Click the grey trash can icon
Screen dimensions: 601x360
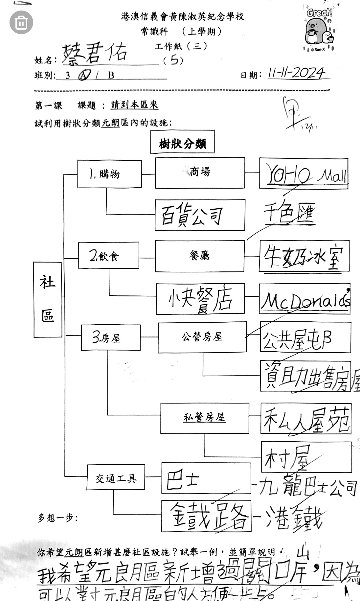click(x=21, y=22)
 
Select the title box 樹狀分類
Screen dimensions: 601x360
click(x=182, y=142)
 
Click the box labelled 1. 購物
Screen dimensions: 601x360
click(x=109, y=174)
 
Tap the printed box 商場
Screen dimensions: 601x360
click(x=200, y=173)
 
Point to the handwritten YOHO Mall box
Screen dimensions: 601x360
click(x=304, y=173)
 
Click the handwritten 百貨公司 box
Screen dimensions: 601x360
click(x=200, y=215)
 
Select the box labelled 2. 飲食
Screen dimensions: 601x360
click(x=108, y=255)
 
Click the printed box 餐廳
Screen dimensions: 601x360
click(x=199, y=256)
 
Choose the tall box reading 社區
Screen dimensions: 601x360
click(x=48, y=299)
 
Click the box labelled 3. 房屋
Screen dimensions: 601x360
click(x=111, y=337)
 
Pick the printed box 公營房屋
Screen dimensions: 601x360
click(x=202, y=337)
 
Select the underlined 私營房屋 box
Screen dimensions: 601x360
click(x=204, y=418)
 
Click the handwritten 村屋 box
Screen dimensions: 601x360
click(x=306, y=457)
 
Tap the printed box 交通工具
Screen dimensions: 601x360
click(x=116, y=477)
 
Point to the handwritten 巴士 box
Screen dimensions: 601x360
click(x=206, y=478)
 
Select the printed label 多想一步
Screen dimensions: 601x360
click(x=58, y=518)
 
